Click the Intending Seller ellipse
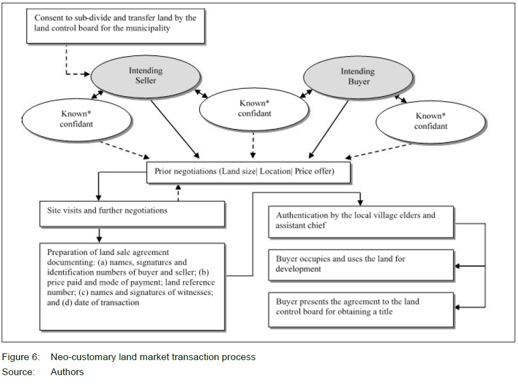(146, 76)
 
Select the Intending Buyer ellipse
(358, 77)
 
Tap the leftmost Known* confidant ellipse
(77, 119)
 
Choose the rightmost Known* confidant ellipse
(431, 121)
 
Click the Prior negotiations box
(248, 172)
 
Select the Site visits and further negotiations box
(132, 212)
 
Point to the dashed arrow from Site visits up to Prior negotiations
(178, 192)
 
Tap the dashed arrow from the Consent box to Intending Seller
(67, 64)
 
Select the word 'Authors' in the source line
(67, 372)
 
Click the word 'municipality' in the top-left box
(146, 28)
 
